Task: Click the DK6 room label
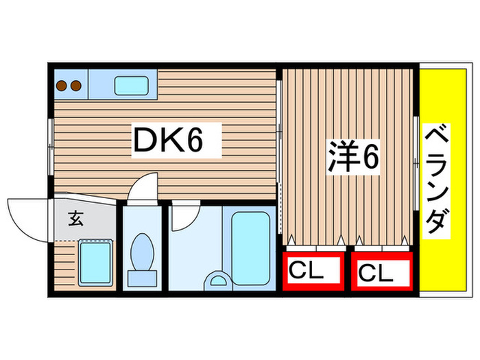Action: pos(167,141)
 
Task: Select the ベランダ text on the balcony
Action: pos(437,180)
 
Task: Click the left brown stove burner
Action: pos(62,86)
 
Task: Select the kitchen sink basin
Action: pos(128,86)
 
